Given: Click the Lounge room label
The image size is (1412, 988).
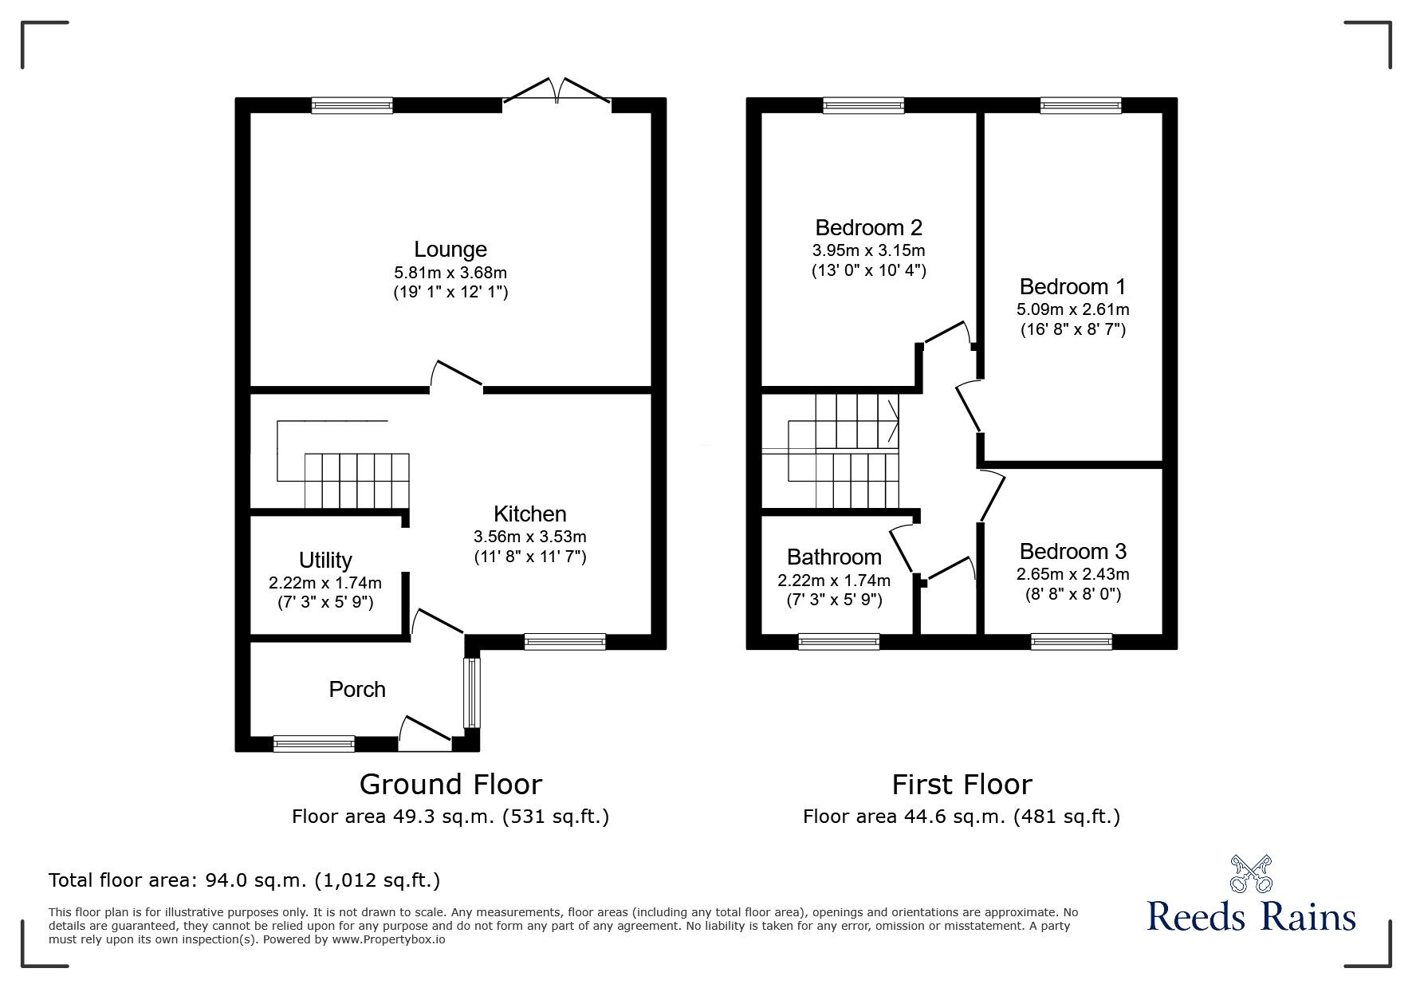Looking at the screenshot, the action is [x=450, y=250].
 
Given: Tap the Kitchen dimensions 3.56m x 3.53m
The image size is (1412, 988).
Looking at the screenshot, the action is [x=530, y=537].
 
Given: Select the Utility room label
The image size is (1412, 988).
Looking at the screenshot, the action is [x=325, y=561].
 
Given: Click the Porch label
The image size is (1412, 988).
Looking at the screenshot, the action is [x=357, y=689].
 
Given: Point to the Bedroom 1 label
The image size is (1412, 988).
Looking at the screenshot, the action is [x=1073, y=286].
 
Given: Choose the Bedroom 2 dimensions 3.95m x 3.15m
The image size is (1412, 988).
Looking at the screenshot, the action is [x=869, y=250].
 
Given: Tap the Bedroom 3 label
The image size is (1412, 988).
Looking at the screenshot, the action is [x=1073, y=551].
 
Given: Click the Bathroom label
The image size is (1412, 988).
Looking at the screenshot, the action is [x=834, y=557].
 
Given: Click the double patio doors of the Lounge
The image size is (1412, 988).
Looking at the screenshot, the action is [x=557, y=90].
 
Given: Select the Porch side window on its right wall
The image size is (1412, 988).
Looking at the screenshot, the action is [x=472, y=692].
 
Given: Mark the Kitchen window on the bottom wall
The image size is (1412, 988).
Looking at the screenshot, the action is [x=565, y=642].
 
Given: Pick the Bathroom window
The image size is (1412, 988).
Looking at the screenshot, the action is [x=840, y=642].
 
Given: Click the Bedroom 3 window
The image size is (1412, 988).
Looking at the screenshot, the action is [x=1072, y=642].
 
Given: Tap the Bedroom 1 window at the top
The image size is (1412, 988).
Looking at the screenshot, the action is [x=1081, y=105].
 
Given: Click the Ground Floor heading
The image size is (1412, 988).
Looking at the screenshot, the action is [x=450, y=785].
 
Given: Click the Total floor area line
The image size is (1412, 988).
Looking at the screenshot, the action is [x=245, y=880].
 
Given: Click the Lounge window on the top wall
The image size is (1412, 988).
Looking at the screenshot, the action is [x=352, y=105].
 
